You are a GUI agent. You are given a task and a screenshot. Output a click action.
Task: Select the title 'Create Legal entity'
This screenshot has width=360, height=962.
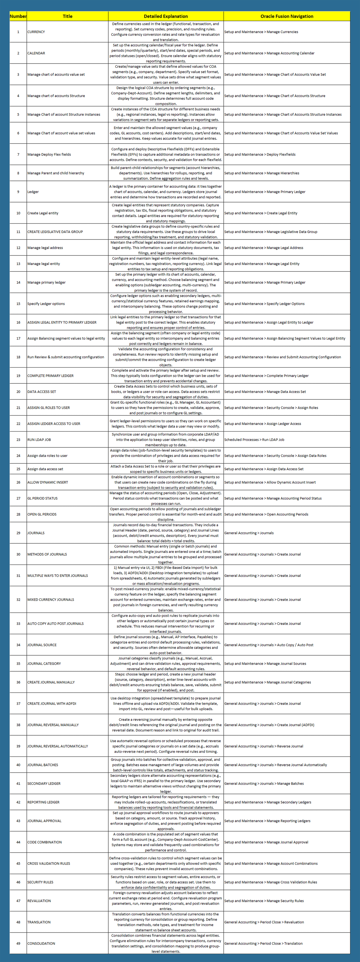[x=43, y=213]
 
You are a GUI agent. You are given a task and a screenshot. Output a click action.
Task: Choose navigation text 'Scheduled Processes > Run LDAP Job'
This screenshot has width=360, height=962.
[x=254, y=440]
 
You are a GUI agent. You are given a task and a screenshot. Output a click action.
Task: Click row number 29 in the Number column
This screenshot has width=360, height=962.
[x=18, y=533]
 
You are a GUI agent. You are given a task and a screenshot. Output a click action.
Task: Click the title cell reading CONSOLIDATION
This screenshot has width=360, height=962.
[x=41, y=943]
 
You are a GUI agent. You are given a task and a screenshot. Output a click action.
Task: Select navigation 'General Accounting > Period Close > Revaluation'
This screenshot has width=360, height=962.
[x=264, y=922]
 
